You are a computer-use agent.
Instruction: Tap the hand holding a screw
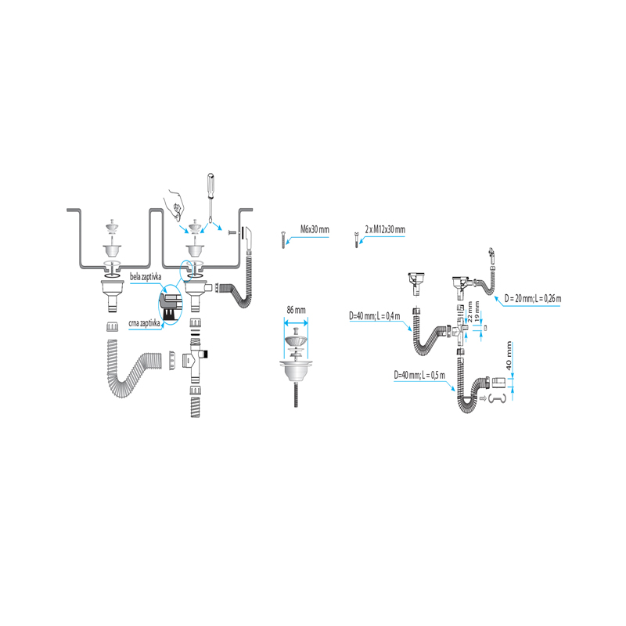[174, 203]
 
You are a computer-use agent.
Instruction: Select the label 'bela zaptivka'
[146, 277]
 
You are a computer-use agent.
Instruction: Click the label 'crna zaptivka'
[144, 323]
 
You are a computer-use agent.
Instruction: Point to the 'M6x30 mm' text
[315, 229]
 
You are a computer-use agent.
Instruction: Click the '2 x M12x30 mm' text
[385, 229]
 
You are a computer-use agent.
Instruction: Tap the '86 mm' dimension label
[296, 310]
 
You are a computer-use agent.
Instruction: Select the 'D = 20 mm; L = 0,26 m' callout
[533, 298]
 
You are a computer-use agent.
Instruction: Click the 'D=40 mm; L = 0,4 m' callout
[375, 316]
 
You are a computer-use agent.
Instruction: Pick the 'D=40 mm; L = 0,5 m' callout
[419, 375]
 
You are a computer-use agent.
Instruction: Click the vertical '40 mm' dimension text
[508, 356]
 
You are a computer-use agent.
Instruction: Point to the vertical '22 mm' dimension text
[470, 311]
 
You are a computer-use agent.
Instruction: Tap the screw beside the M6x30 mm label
[282, 239]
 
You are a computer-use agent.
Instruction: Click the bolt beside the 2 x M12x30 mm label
[356, 239]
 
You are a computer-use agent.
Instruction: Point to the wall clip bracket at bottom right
[497, 398]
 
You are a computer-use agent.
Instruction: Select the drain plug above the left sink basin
[113, 227]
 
